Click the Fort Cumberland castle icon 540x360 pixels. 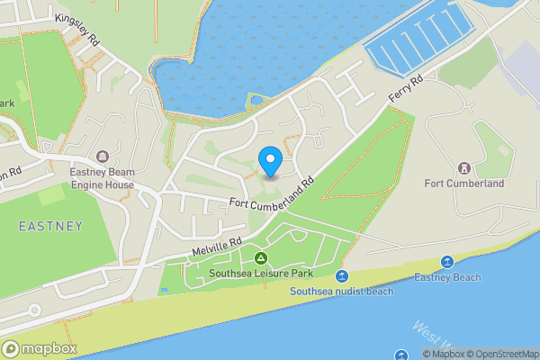coord(465,167)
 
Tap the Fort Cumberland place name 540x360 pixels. coord(465,184)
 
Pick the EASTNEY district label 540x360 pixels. coord(50,226)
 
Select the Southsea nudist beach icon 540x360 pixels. coord(341,276)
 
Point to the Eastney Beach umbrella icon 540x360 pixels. coord(446,262)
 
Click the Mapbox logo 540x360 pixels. coord(38,348)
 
